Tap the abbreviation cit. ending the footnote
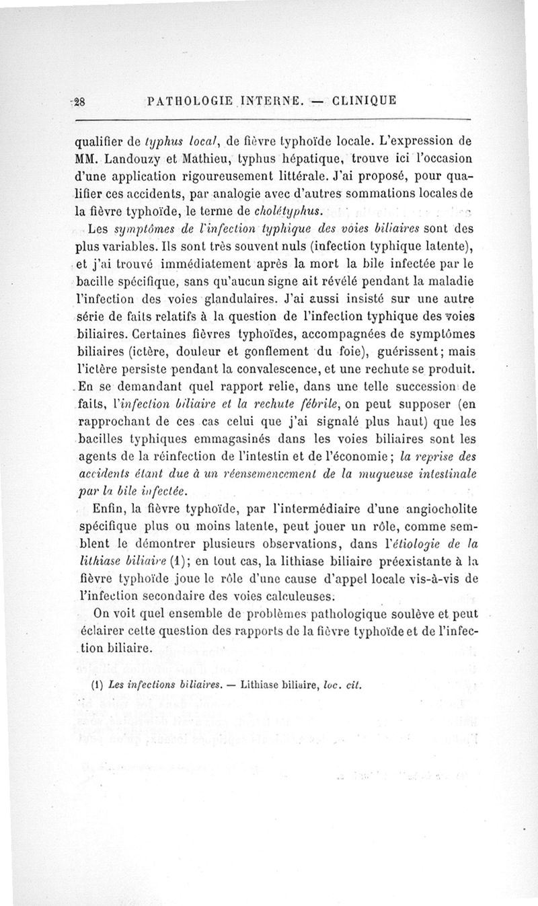pyautogui.click(x=354, y=687)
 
